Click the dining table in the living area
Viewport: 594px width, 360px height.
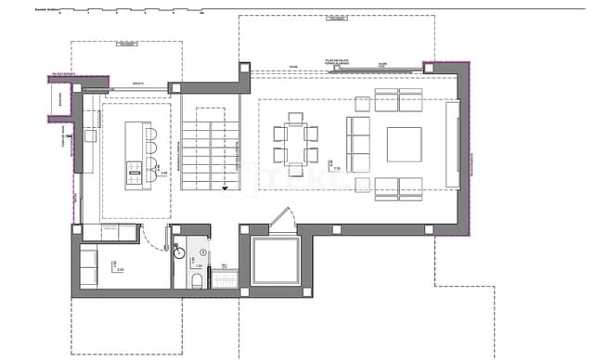click(x=296, y=145)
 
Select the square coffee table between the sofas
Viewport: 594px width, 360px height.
click(x=403, y=144)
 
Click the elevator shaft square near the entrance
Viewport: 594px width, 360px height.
click(x=276, y=262)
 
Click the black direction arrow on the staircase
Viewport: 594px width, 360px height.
click(x=225, y=188)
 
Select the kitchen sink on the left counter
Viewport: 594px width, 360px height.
click(x=89, y=135)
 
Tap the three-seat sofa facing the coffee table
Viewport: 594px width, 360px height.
click(x=357, y=144)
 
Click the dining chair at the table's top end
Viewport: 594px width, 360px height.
click(x=296, y=118)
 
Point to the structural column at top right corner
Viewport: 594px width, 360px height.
click(x=430, y=68)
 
